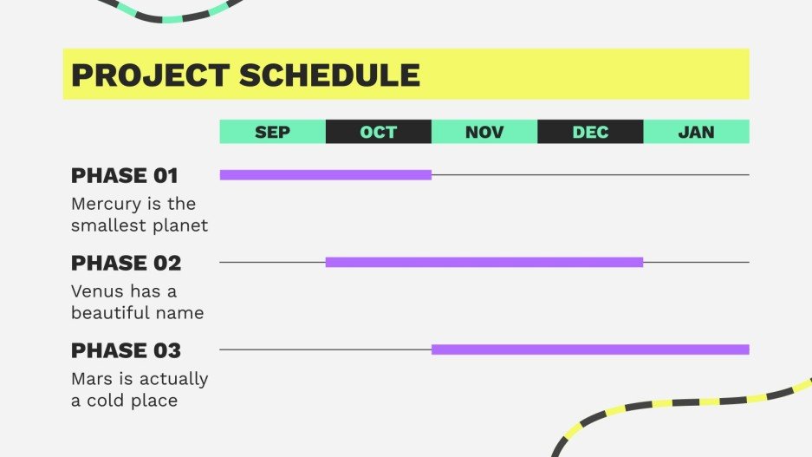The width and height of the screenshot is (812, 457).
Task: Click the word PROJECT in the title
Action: click(151, 75)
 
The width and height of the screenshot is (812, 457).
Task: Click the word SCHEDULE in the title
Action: click(329, 75)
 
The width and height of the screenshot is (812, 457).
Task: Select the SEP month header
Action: click(272, 132)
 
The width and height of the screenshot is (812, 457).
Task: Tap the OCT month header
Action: click(379, 132)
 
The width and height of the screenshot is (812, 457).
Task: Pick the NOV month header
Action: click(484, 132)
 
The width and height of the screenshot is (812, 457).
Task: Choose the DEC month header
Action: click(590, 132)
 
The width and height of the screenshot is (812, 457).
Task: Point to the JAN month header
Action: click(697, 132)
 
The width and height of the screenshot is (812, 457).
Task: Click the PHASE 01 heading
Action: click(124, 176)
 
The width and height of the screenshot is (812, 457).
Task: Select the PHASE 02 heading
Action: click(126, 264)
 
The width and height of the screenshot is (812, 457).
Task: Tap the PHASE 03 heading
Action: click(126, 351)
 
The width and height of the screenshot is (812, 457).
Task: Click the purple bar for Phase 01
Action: click(326, 175)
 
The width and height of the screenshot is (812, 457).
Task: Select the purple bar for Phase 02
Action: click(484, 262)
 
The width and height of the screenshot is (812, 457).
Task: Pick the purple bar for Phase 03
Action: click(590, 349)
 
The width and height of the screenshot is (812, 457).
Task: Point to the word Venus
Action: click(98, 291)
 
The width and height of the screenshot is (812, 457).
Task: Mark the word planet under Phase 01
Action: click(181, 226)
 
